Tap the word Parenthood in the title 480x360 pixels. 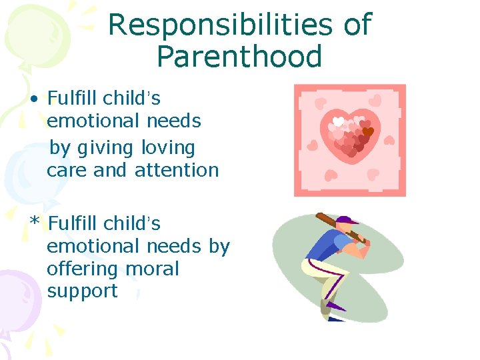[x=239, y=57]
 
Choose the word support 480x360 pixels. [x=82, y=291]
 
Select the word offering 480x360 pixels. [x=79, y=269]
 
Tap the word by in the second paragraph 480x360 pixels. [x=219, y=246]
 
